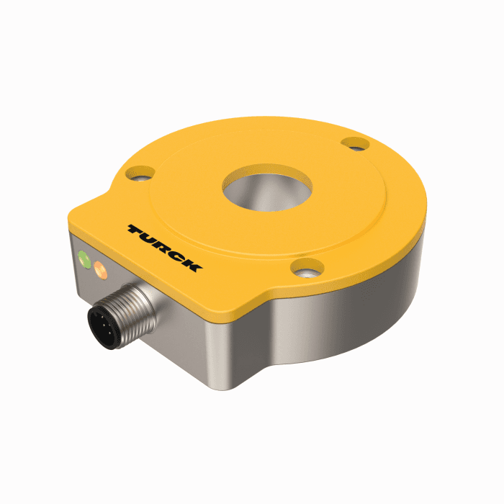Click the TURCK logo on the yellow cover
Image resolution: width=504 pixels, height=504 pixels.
pyautogui.click(x=165, y=247)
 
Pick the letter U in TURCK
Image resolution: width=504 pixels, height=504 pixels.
pyautogui.click(x=151, y=238)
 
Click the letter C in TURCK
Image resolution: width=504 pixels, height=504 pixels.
pyautogui.click(x=178, y=255)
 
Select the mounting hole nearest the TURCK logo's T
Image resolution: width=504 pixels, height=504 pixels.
pyautogui.click(x=140, y=172)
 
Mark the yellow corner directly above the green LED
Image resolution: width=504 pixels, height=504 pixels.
pyautogui.click(x=79, y=220)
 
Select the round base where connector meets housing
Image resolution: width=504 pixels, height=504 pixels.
pyautogui.click(x=148, y=292)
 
